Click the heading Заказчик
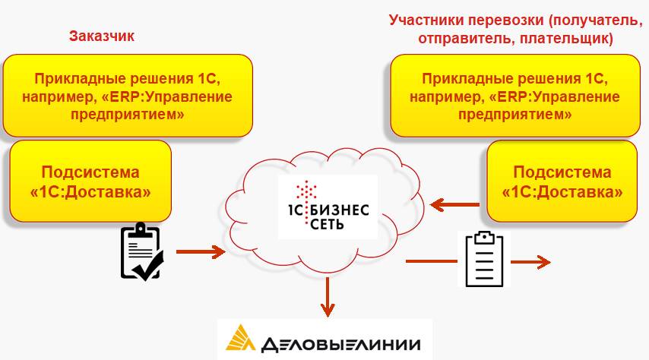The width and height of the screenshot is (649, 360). tap(102, 36)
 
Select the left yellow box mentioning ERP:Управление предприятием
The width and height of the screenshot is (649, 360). tap(127, 96)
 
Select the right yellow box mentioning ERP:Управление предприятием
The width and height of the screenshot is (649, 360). tap(514, 96)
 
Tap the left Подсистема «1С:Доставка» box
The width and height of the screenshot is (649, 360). tap(90, 182)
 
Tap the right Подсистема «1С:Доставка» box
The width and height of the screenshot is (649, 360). tap(562, 182)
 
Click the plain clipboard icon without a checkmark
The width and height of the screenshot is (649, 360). tap(483, 259)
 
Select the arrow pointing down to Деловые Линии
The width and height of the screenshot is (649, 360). tap(328, 297)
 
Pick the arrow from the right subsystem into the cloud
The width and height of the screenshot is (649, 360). tap(454, 204)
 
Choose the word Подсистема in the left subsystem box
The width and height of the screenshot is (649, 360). tap(90, 172)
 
